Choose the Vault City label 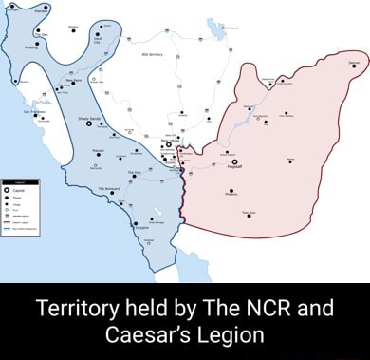(97, 41)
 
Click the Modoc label (73, 27)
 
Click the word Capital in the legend (20, 189)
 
